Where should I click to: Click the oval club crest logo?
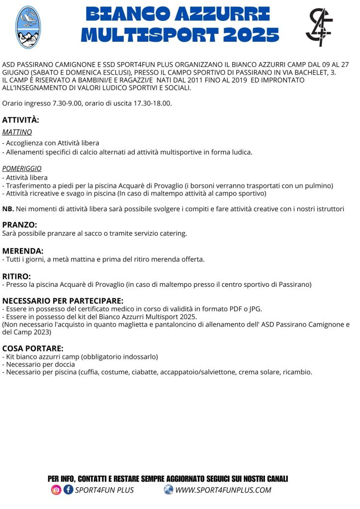tap(28, 27)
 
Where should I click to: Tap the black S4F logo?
tap(319, 27)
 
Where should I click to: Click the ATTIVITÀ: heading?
tap(20, 120)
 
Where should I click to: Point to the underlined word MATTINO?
tap(17, 132)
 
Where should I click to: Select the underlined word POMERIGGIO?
tap(22, 169)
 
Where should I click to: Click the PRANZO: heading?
tap(19, 225)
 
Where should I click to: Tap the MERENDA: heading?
tap(23, 251)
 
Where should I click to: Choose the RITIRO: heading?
tap(16, 276)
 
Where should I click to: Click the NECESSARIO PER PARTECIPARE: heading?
tap(63, 301)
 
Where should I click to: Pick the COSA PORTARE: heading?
tap(33, 348)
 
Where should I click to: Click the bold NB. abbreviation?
tap(8, 209)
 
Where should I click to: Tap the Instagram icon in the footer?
tap(56, 490)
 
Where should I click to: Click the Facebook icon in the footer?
tap(68, 490)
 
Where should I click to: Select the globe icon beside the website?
tap(169, 490)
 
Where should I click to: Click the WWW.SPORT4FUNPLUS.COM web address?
tap(223, 490)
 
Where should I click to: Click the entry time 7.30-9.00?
tap(67, 103)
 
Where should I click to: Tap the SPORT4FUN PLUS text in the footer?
tap(104, 490)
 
